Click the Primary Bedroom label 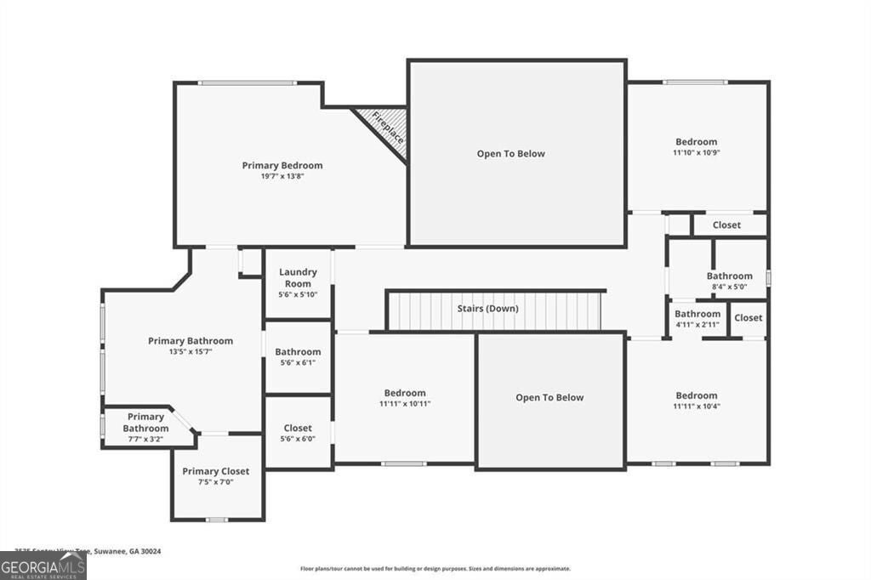pyautogui.click(x=282, y=165)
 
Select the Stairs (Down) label pyautogui.click(x=487, y=309)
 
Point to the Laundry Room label pyautogui.click(x=298, y=277)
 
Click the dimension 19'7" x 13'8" pyautogui.click(x=282, y=178)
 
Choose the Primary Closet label pyautogui.click(x=216, y=471)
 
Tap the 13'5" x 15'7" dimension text pyautogui.click(x=191, y=352)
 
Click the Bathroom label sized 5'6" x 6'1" pyautogui.click(x=298, y=351)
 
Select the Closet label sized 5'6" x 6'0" pyautogui.click(x=298, y=428)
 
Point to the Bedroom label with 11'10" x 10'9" pyautogui.click(x=697, y=142)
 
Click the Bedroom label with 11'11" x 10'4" pyautogui.click(x=697, y=395)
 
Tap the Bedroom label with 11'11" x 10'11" pyautogui.click(x=405, y=393)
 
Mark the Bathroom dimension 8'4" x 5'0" pyautogui.click(x=729, y=287)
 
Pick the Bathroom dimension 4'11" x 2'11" pyautogui.click(x=697, y=324)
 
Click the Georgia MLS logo pyautogui.click(x=43, y=566)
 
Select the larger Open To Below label pyautogui.click(x=510, y=154)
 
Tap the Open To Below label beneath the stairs pyautogui.click(x=549, y=397)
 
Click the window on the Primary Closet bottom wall pyautogui.click(x=217, y=519)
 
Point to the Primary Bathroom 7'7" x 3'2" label pyautogui.click(x=145, y=423)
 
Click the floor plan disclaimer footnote pyautogui.click(x=435, y=569)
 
